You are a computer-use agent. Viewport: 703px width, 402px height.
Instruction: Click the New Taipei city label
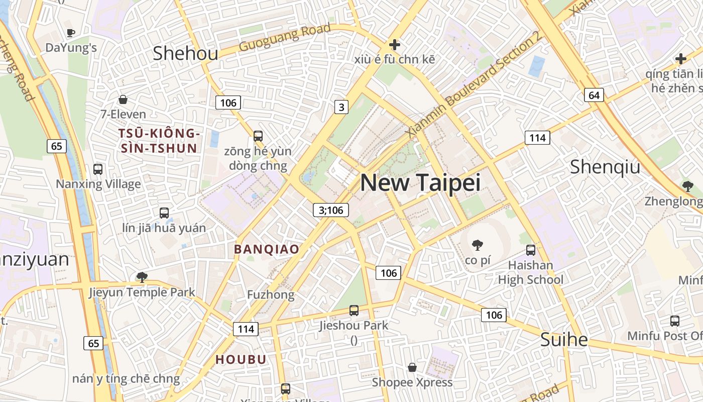tap(420, 183)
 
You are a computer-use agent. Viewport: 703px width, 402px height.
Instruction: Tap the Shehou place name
tap(185, 53)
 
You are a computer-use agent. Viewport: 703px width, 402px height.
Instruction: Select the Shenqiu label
tap(605, 167)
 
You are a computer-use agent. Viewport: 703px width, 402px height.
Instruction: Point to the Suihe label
tap(563, 340)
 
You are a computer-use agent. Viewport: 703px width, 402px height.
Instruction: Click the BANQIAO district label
tap(267, 249)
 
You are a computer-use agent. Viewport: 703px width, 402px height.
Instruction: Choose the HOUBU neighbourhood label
tap(241, 360)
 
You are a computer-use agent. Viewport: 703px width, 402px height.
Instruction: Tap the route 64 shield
tap(594, 95)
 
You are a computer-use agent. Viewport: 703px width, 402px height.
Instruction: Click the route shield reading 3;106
tap(331, 210)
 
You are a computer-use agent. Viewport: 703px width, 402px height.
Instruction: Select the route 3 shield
tap(341, 107)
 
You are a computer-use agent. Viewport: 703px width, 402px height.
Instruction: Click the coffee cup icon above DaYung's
tap(71, 33)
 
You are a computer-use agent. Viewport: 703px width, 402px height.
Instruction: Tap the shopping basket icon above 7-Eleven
tap(123, 99)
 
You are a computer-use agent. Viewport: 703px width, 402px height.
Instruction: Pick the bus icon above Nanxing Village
tap(98, 169)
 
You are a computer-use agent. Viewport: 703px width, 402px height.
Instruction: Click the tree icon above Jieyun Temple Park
tap(142, 277)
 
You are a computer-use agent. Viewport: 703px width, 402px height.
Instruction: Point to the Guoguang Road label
tap(285, 38)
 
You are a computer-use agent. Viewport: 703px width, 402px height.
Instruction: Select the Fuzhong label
tap(270, 295)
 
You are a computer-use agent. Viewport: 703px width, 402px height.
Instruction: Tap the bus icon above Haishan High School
tap(530, 250)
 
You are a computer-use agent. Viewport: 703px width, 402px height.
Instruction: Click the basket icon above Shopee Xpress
tap(412, 367)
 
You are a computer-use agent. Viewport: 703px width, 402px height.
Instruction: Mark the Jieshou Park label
tap(354, 325)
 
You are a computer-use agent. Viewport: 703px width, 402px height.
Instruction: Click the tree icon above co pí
tap(477, 245)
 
